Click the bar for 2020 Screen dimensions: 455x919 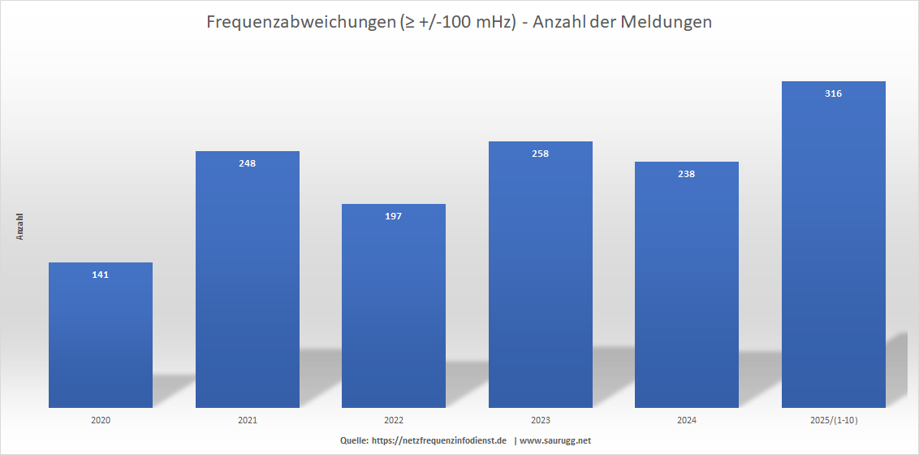pos(101,341)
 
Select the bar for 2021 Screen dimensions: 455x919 pos(248,284)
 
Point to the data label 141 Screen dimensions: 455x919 pos(101,275)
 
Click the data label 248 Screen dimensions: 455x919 pos(248,163)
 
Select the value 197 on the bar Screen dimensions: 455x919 pos(394,216)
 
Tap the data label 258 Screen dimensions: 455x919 pos(541,154)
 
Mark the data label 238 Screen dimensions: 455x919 pos(687,174)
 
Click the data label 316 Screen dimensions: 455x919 pos(833,93)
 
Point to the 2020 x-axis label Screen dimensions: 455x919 pos(101,420)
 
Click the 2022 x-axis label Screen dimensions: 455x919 pos(394,420)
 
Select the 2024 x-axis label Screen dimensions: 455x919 pos(687,420)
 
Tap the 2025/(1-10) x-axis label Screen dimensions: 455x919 pos(833,420)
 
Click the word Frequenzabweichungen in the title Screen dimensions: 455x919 pos(300,23)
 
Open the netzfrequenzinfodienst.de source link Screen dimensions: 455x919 pos(438,440)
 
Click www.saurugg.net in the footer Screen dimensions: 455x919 pos(555,440)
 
